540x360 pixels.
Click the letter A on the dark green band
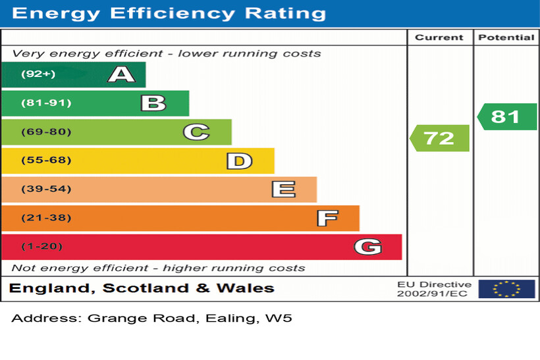pyautogui.click(x=121, y=74)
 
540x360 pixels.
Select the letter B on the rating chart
pyautogui.click(x=153, y=103)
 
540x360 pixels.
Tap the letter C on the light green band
pyautogui.click(x=196, y=132)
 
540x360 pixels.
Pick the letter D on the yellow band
pyautogui.click(x=239, y=161)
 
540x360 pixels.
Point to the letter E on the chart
pyautogui.click(x=283, y=190)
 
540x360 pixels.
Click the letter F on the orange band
pyautogui.click(x=327, y=218)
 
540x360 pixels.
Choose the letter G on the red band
pyautogui.click(x=367, y=247)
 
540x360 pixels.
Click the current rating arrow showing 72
pyautogui.click(x=439, y=138)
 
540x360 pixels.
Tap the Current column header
pyautogui.click(x=439, y=38)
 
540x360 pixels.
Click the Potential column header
pyautogui.click(x=506, y=38)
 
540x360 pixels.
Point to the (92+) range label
pyautogui.click(x=38, y=74)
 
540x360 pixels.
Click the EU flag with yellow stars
pyautogui.click(x=506, y=289)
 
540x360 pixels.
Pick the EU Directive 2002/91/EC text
pyautogui.click(x=434, y=289)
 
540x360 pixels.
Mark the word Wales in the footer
pyautogui.click(x=244, y=288)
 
